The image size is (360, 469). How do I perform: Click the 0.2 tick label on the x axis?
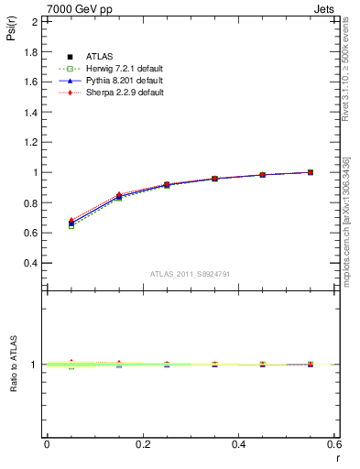(142, 443)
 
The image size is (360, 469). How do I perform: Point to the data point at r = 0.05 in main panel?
(71, 223)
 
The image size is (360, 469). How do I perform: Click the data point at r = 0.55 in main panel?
(311, 172)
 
